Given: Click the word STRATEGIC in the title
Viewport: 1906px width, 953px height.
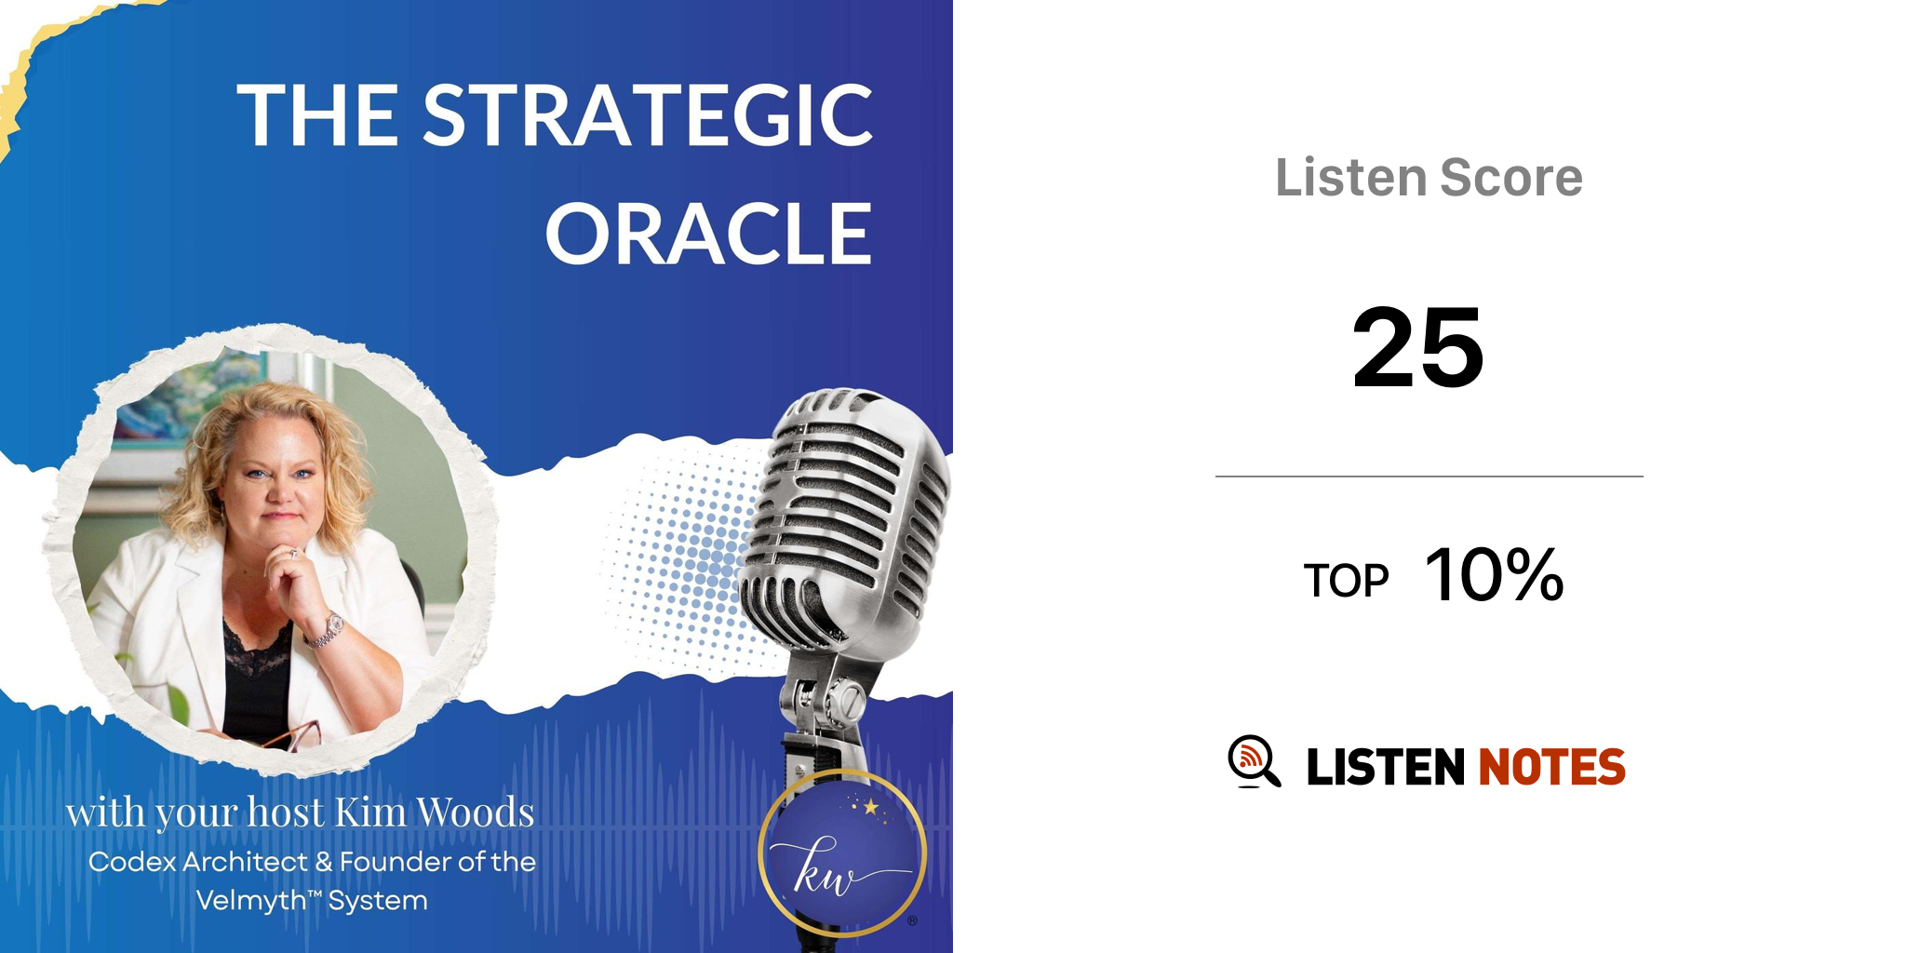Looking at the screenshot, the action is pyautogui.click(x=649, y=115).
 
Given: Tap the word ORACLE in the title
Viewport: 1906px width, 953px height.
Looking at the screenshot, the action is pyautogui.click(x=709, y=234).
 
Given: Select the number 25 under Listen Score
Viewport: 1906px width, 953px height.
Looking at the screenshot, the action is pyautogui.click(x=1417, y=348).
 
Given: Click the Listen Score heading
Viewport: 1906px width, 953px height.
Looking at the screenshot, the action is pyautogui.click(x=1429, y=177).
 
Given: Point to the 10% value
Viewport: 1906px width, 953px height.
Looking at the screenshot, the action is pyautogui.click(x=1494, y=574).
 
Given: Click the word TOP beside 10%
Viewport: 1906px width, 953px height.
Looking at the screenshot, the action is pyautogui.click(x=1346, y=582).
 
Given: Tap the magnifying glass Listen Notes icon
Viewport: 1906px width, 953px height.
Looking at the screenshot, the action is pyautogui.click(x=1254, y=762).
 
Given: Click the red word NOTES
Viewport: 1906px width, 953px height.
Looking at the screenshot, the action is pyautogui.click(x=1551, y=767).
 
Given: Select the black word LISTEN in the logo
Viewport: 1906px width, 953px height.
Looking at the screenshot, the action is pyautogui.click(x=1386, y=767).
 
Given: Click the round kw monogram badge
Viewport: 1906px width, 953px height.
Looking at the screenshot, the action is pyautogui.click(x=842, y=853).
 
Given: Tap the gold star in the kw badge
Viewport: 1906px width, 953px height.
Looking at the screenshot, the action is pyautogui.click(x=871, y=807).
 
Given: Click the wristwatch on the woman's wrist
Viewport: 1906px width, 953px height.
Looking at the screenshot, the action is pyautogui.click(x=327, y=630).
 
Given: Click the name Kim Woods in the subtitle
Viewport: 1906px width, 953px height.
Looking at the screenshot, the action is pyautogui.click(x=435, y=812).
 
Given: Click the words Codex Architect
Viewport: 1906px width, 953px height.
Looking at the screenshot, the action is pyautogui.click(x=197, y=862).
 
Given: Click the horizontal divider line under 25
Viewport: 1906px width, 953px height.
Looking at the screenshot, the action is pyautogui.click(x=1429, y=476).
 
